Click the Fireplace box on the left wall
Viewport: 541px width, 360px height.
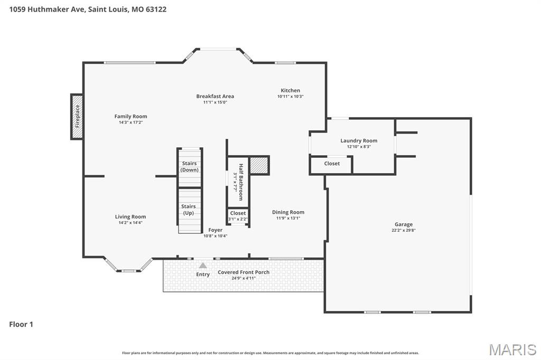pos(77,117)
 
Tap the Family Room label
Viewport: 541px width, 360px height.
pos(130,116)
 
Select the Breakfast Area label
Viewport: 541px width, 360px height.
pos(215,96)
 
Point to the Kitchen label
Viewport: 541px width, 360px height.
pos(290,90)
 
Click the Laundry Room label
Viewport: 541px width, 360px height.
pos(359,140)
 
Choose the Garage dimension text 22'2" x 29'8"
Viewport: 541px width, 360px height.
pos(403,230)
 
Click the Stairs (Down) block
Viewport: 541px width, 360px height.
pos(190,167)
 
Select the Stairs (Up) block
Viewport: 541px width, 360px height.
pos(189,210)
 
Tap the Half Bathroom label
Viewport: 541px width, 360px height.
pos(240,182)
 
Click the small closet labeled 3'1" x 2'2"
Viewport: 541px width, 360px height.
pos(238,216)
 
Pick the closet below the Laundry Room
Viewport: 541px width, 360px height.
pos(332,164)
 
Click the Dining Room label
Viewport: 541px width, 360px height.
pos(288,212)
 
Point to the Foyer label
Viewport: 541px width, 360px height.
pos(215,230)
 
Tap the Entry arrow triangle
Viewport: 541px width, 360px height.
pos(203,266)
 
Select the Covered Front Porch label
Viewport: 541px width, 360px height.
pos(244,272)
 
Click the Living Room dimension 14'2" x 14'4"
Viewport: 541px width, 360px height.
pos(130,223)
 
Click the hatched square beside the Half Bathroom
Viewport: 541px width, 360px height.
pos(259,165)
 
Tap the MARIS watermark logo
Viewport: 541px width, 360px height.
pos(512,349)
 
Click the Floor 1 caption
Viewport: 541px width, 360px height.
pos(21,324)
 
